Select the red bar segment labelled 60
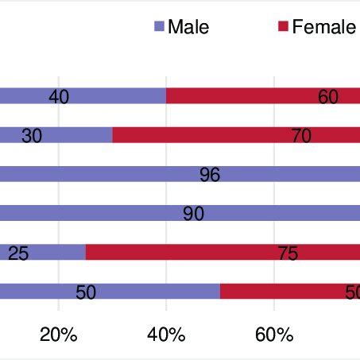[262, 96]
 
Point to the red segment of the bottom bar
[290, 291]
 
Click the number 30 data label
[32, 136]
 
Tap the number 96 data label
[210, 175]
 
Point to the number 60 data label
[328, 97]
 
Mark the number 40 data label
[59, 97]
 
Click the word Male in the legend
[188, 27]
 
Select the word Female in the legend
[324, 27]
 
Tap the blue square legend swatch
[159, 27]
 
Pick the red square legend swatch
[283, 27]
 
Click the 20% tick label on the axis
[59, 335]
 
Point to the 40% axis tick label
[166, 335]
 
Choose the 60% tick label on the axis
[274, 335]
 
